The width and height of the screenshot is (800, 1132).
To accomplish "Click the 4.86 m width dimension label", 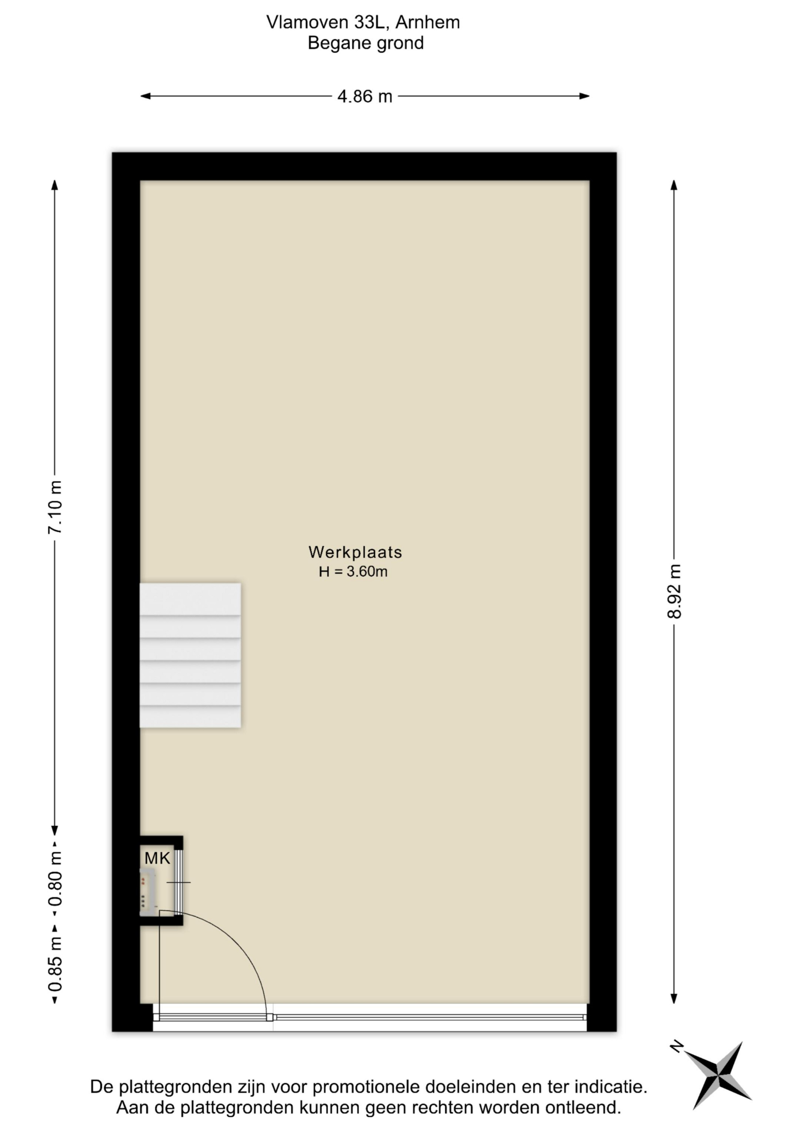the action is coord(365,96).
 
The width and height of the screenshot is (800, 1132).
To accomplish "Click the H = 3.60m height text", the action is coord(353,571).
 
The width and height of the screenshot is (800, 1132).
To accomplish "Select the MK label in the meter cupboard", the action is coord(157,858).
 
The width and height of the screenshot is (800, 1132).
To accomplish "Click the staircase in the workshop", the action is coord(190,655).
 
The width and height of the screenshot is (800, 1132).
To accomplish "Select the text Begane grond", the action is coord(366,43).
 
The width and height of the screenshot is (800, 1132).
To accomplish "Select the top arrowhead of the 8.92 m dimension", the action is coord(674,185).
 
